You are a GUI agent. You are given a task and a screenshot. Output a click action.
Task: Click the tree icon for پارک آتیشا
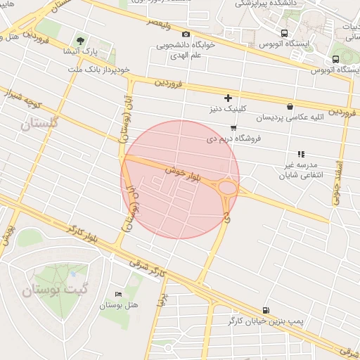(80, 40)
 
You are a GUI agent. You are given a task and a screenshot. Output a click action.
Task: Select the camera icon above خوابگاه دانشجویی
(186, 34)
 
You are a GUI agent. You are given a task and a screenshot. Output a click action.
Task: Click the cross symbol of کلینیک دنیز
(227, 98)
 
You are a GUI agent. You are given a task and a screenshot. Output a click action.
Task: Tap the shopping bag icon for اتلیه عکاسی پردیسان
(290, 106)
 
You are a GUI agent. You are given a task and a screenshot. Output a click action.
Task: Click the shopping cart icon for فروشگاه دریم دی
(233, 127)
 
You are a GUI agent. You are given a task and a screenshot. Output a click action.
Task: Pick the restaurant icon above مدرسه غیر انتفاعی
(301, 153)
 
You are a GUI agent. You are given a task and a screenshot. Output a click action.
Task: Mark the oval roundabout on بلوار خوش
(228, 187)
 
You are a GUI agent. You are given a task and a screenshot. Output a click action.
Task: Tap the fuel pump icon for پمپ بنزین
(265, 310)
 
